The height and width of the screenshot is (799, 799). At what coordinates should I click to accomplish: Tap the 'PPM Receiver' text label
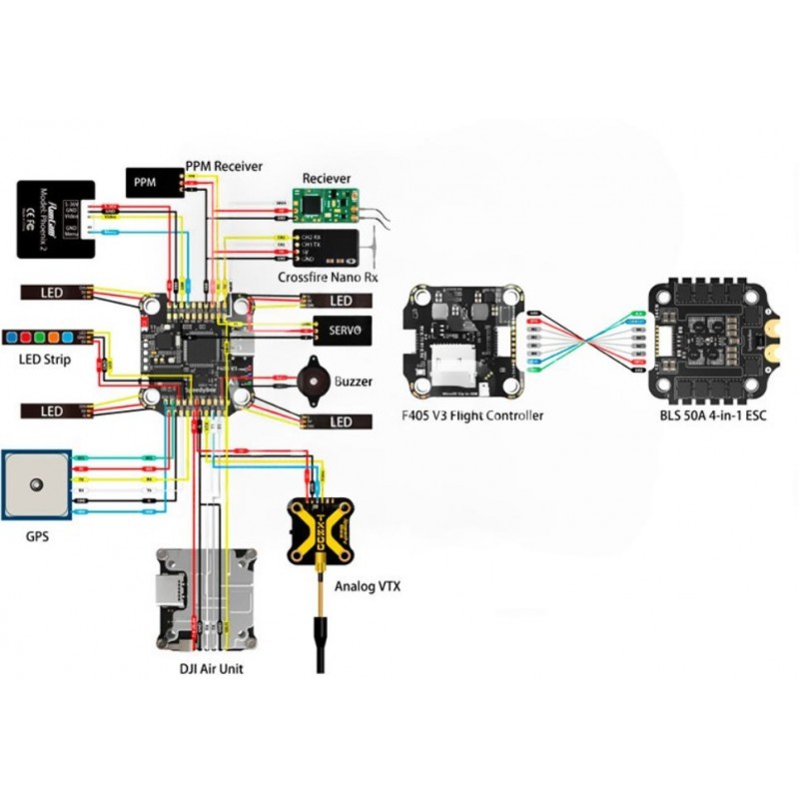(224, 165)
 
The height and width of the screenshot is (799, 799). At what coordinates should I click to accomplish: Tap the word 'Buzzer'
(356, 382)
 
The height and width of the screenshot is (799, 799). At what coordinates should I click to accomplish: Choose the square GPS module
(37, 485)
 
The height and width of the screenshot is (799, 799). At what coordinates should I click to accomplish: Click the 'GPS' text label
(37, 536)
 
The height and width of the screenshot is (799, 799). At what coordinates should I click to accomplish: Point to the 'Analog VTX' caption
(368, 587)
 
